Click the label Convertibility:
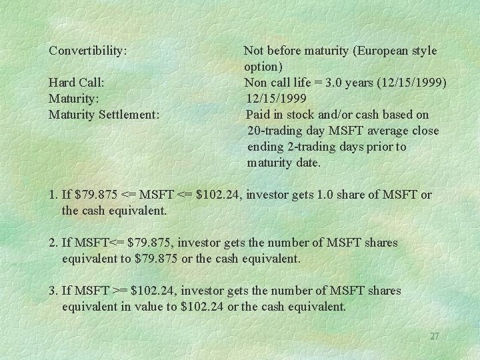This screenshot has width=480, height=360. coord(89,50)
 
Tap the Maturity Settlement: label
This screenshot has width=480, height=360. coord(104,115)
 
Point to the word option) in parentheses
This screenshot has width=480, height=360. coord(263,67)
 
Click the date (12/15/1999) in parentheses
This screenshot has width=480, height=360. coord(413,83)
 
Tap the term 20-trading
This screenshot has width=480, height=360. coord(276,131)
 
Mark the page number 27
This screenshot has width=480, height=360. coord(434,336)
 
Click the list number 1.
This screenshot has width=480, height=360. coord(53,195)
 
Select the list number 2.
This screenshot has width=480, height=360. coord(53,243)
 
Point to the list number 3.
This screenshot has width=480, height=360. coord(53,291)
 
